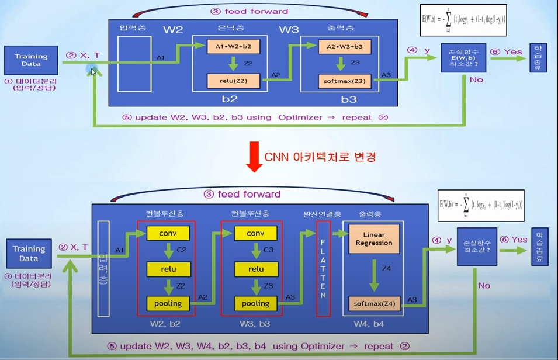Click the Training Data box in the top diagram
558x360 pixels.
31,61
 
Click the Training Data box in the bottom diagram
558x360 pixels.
29,254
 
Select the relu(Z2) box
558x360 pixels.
233,81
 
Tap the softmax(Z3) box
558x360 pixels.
345,81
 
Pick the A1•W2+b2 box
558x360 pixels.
233,46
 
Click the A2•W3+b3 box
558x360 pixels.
345,46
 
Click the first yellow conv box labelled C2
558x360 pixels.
168,233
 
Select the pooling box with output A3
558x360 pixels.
255,303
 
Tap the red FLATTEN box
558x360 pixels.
323,269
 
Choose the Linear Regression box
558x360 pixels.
374,238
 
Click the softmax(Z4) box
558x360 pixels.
374,303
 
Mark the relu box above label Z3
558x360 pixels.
255,269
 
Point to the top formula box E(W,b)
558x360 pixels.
463,20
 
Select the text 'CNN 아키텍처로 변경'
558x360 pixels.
320,157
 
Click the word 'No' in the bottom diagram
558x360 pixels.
484,286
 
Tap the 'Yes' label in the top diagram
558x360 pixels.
512,51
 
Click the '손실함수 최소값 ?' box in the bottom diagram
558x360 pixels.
477,247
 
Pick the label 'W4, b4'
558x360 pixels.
369,324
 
